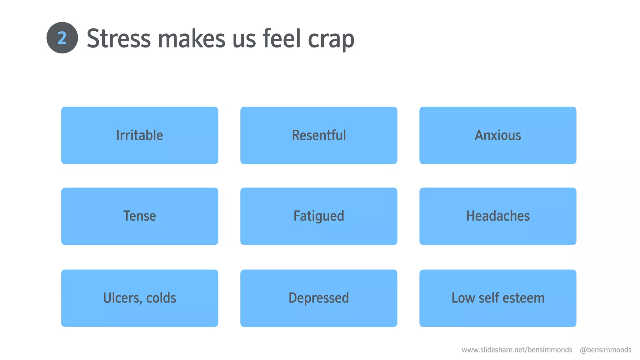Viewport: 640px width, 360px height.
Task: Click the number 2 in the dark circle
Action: (62, 38)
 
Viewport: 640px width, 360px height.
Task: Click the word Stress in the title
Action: (119, 39)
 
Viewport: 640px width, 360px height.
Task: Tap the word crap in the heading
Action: (331, 39)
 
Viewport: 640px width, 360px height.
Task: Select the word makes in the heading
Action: (192, 39)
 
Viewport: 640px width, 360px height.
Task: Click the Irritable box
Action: (140, 135)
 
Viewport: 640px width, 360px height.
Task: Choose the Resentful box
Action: (319, 135)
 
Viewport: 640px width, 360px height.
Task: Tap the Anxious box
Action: (498, 135)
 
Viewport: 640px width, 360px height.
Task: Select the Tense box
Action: (140, 216)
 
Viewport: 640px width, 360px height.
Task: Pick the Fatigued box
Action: (319, 216)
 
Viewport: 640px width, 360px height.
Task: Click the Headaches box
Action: (498, 216)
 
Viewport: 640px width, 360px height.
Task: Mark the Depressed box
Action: (319, 298)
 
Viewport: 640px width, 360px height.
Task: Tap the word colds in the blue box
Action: (161, 298)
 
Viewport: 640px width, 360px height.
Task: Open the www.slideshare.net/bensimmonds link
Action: (517, 350)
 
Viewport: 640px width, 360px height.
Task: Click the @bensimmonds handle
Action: (605, 350)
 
